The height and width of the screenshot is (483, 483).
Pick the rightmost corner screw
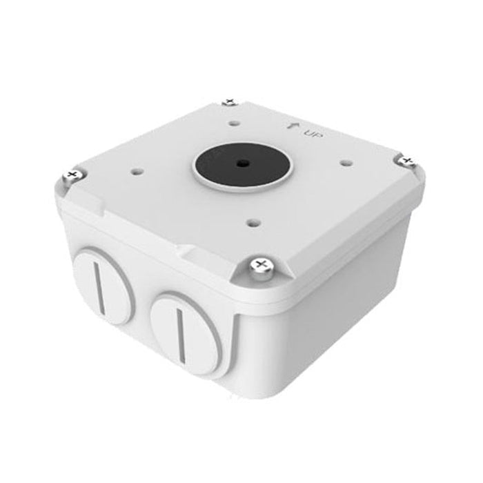[406, 160]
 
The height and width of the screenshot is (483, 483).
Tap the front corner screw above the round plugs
[260, 264]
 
